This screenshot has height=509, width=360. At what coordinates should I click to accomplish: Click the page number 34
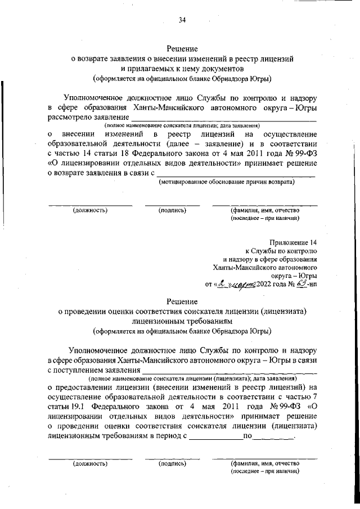[182, 20]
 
